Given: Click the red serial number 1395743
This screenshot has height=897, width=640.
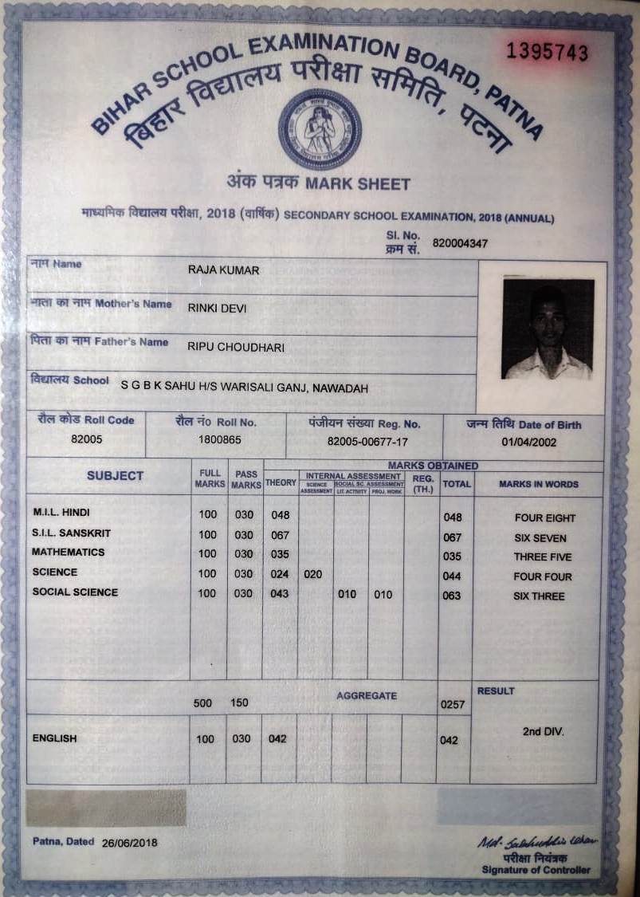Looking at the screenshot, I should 548,53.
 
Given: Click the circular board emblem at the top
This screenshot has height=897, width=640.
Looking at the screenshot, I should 320,129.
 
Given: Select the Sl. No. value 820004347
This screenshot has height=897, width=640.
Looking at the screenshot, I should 460,242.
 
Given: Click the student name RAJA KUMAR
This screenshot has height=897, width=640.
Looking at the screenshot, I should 223,270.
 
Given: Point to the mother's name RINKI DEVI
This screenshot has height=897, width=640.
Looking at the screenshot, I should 219,306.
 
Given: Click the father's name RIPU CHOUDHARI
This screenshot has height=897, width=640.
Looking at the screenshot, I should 236,347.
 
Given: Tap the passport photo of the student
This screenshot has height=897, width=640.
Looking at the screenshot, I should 548,328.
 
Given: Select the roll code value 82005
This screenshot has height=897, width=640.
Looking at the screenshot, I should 86,439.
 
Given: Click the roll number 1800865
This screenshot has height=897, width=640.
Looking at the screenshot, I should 216,439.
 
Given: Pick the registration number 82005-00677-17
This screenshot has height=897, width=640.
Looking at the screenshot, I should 367,441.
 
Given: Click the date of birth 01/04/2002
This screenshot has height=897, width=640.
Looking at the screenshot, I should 529,442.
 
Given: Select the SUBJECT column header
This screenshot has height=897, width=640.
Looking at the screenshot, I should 115,476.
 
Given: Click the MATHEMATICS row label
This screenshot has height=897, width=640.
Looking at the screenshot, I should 69,553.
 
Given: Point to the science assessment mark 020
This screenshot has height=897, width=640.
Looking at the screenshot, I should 313,574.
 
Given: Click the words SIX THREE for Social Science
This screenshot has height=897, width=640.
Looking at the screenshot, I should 539,596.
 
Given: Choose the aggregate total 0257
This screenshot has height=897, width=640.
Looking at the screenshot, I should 452,705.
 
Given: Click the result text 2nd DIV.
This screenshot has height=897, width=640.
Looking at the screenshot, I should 543,731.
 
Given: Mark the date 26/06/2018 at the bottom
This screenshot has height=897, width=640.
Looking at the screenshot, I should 130,843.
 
